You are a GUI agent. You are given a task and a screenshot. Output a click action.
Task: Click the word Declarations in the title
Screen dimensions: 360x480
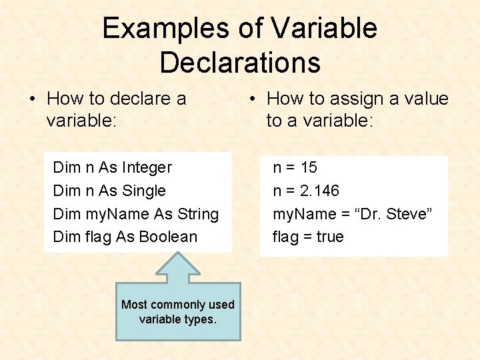240,63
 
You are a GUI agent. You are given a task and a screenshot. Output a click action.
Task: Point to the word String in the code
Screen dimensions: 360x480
197,214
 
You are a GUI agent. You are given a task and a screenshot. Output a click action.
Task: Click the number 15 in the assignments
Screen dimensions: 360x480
309,167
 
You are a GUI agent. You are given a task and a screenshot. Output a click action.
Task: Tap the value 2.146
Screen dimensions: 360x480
320,191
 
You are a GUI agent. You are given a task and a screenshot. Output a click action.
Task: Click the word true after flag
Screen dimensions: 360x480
330,237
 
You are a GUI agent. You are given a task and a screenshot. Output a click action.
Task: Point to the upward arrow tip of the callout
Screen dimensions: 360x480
177,254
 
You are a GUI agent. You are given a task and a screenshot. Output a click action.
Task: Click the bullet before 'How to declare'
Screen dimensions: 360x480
31,99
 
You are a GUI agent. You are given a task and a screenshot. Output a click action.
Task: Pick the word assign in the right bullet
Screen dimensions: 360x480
357,99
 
